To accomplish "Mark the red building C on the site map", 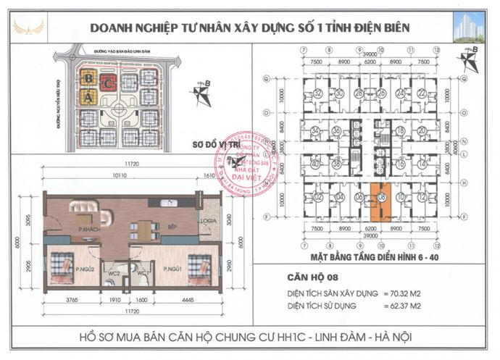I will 108,82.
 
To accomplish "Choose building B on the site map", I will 88,77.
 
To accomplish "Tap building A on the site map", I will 88,97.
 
